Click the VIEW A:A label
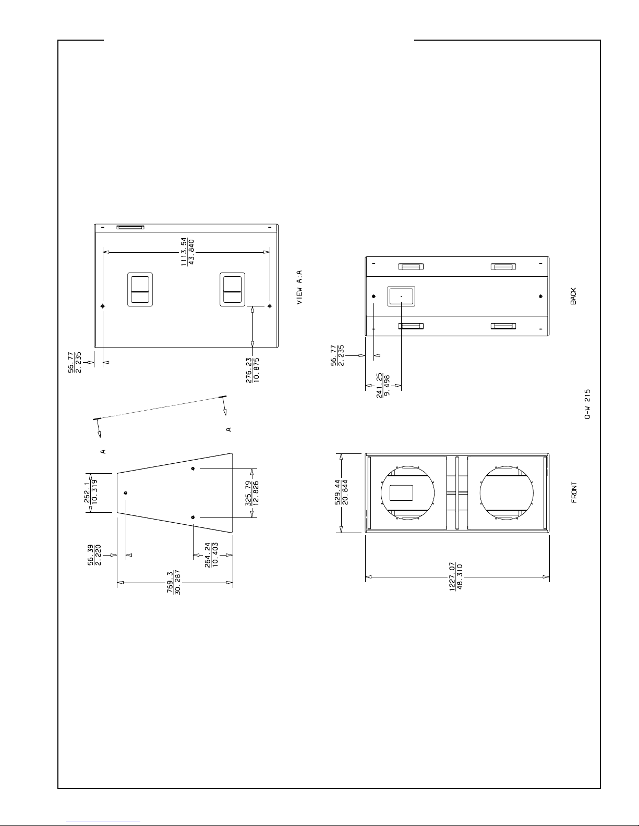(x=299, y=287)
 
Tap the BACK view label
(x=573, y=296)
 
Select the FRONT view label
(x=574, y=492)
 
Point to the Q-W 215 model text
(x=587, y=404)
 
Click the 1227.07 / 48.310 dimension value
(x=456, y=576)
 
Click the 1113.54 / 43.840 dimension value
(x=187, y=252)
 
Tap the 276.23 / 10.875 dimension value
(x=252, y=370)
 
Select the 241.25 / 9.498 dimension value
(x=383, y=386)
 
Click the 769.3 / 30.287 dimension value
(x=174, y=582)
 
